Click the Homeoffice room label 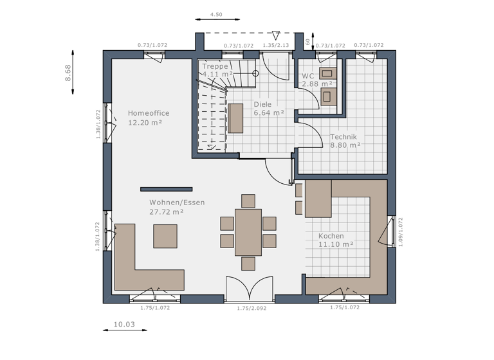point(148,113)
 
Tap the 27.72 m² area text point(167,212)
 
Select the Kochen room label point(331,236)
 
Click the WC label point(308,76)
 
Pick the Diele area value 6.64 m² point(269,113)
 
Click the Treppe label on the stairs point(215,66)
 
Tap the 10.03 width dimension point(124,324)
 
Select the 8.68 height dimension point(68,72)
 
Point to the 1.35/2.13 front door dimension point(275,46)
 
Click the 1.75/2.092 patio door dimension point(251,308)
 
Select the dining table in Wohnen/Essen point(248,232)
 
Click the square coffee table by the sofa point(165,235)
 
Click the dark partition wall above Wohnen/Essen point(167,189)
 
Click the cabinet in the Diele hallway point(236,118)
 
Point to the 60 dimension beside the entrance point(308,40)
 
